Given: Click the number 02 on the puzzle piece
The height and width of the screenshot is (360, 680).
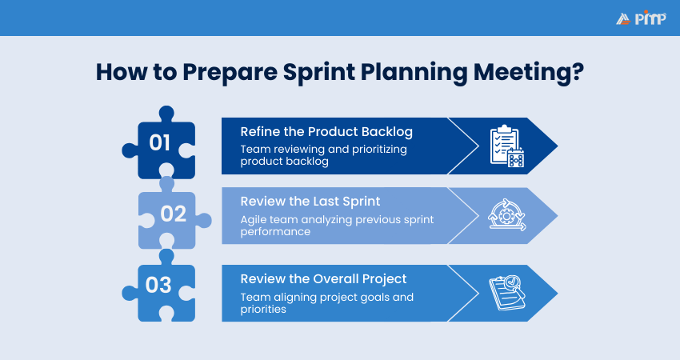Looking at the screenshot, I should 173,214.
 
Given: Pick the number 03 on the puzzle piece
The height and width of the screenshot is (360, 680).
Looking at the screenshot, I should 159,286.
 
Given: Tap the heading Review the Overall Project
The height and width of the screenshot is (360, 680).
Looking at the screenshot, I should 324,279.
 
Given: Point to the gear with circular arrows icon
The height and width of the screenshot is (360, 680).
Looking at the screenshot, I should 506,215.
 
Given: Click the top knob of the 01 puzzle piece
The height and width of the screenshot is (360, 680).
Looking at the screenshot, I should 167,112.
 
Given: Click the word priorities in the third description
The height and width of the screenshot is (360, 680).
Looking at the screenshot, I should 265,309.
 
